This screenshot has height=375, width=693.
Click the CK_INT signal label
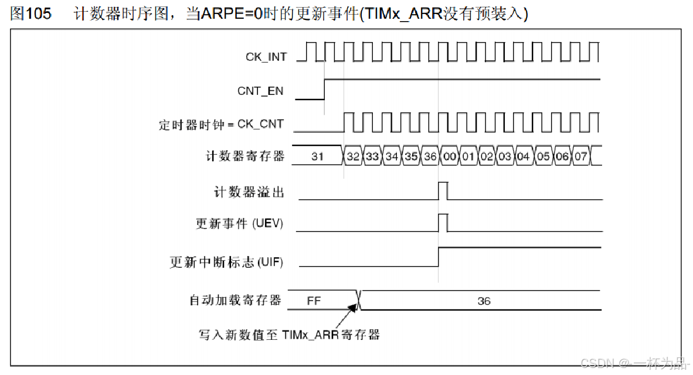coord(266,57)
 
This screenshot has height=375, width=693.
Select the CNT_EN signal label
coord(260,91)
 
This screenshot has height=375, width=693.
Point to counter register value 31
coord(317,156)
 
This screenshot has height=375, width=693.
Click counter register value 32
coord(353,156)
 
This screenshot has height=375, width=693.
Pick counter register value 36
coord(430,156)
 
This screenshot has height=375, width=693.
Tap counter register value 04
coord(524,156)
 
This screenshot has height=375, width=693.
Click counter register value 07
coord(580,156)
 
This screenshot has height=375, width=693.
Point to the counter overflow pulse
coord(443,190)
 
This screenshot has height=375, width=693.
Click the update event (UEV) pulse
coord(443,223)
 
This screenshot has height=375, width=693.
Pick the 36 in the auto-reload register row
coord(484,301)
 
